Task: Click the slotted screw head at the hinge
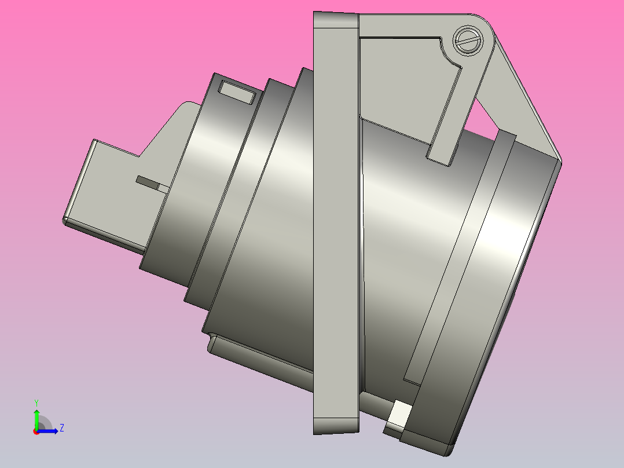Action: tap(467, 41)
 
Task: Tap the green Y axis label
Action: tap(36, 401)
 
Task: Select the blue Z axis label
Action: tap(61, 428)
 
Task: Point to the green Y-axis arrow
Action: tap(36, 416)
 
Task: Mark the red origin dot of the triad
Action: tap(36, 431)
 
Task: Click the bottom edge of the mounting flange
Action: tap(336, 431)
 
